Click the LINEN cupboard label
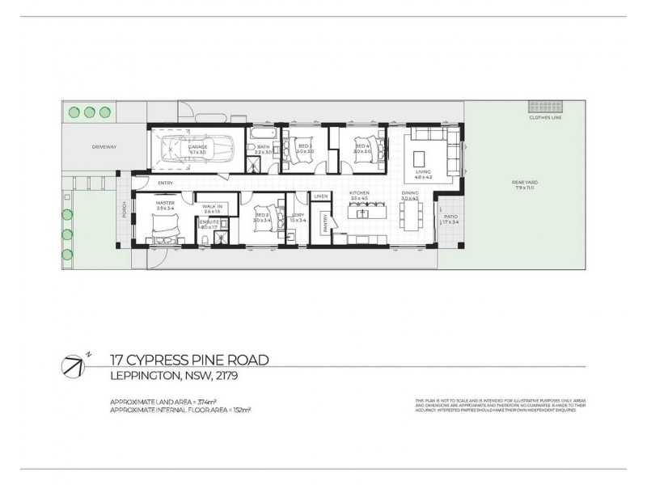(x=319, y=196)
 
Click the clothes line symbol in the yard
(x=540, y=107)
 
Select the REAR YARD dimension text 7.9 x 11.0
(x=524, y=188)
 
